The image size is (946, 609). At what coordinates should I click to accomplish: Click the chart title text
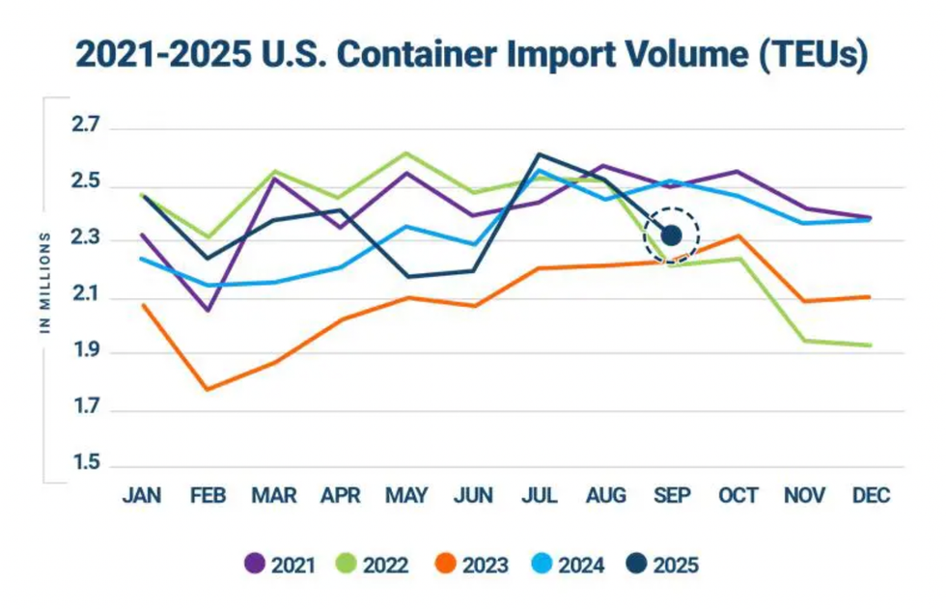pos(472,55)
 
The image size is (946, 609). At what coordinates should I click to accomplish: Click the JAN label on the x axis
pos(142,496)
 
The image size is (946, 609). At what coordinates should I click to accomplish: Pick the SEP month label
pos(672,496)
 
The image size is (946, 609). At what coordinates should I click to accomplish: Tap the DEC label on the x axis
pos(871,496)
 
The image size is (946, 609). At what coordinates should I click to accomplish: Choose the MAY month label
pos(406,496)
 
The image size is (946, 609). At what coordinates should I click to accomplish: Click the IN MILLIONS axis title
pos(45,282)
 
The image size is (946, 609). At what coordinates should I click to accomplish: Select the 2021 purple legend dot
pos(255,565)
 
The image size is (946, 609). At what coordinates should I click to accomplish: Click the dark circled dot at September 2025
pos(672,235)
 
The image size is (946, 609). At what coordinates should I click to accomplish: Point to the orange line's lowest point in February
pos(208,390)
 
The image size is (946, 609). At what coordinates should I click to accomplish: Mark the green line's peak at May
pos(406,152)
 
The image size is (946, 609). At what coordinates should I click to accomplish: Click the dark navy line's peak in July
pos(540,153)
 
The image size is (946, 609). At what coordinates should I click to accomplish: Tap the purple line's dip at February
pos(208,311)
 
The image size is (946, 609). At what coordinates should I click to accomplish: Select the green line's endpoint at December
pos(871,346)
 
